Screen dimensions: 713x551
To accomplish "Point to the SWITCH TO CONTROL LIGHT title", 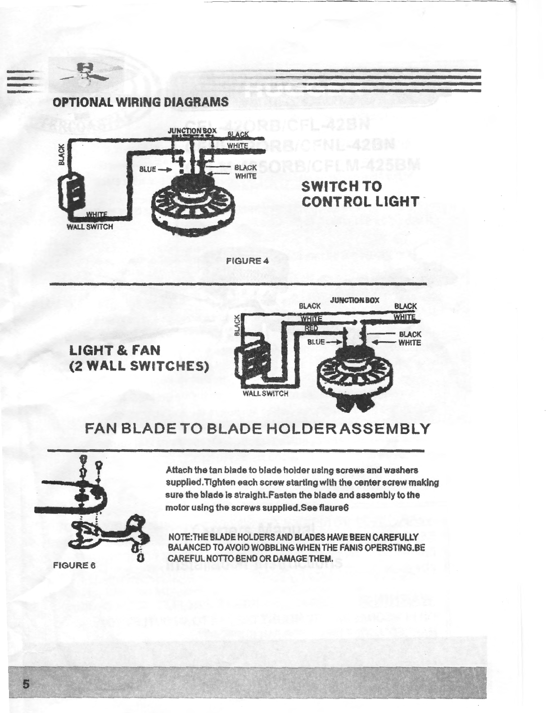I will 359,194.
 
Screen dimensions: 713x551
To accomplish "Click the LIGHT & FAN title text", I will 114,349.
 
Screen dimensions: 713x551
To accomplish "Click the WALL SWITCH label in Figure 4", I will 90,227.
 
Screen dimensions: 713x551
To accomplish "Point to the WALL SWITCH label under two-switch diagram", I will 265,393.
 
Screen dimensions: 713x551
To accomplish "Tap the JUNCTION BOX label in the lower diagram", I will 355,300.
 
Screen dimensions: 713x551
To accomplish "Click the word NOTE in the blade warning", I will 176,537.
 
